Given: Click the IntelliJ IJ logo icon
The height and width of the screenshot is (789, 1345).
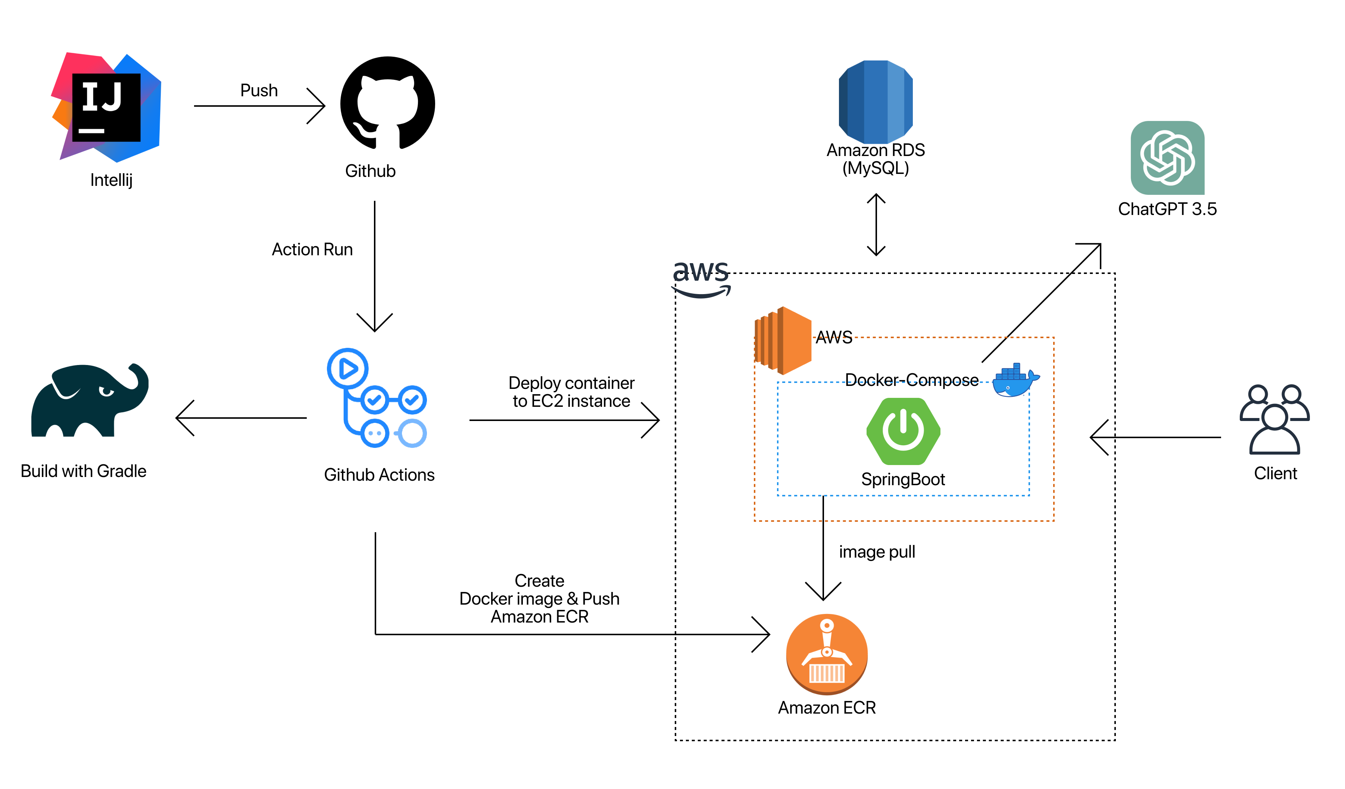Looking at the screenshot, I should coord(106,107).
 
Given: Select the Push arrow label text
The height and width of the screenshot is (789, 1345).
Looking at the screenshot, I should coord(259,90).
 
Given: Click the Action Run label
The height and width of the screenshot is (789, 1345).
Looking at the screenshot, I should coord(312,249).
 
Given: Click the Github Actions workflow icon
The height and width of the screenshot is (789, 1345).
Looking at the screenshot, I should coord(376,398).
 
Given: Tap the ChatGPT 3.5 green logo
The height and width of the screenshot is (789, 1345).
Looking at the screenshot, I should coord(1167,158).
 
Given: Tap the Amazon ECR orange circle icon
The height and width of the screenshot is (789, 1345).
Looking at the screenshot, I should coord(827,654).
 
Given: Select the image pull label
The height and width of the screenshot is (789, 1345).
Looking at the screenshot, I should coord(877,552).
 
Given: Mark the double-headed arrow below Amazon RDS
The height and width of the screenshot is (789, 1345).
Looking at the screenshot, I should coord(876,225).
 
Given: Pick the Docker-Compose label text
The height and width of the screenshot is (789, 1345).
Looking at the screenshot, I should coord(912,380).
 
